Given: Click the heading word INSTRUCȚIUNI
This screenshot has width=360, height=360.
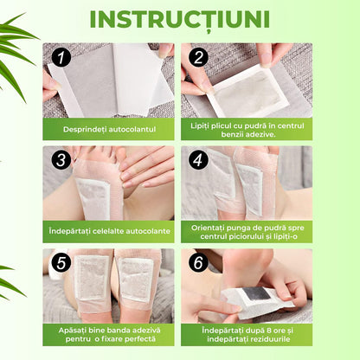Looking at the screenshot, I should (179, 19).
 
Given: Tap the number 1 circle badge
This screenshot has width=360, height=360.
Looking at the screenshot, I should (60, 58).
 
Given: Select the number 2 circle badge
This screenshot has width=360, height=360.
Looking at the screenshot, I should (198, 58).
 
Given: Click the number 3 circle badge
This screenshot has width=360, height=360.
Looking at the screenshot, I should (60, 161).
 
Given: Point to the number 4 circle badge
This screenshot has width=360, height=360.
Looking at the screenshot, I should (198, 161).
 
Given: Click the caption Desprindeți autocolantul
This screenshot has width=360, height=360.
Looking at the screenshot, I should (108, 128).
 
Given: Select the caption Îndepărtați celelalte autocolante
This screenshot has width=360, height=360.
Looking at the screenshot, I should (108, 232).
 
